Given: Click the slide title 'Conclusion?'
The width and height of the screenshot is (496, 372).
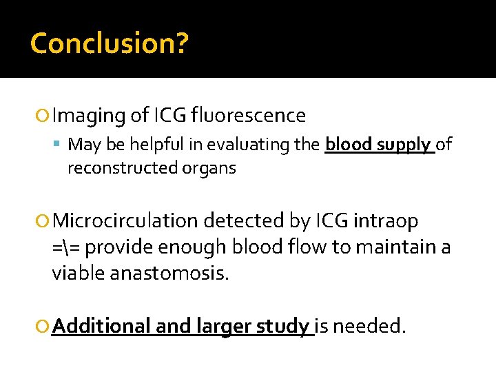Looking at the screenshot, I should tap(109, 43).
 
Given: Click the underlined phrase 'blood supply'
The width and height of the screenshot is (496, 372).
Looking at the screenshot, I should tap(379, 145).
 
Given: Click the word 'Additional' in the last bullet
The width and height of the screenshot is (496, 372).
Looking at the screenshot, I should tap(101, 325).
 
